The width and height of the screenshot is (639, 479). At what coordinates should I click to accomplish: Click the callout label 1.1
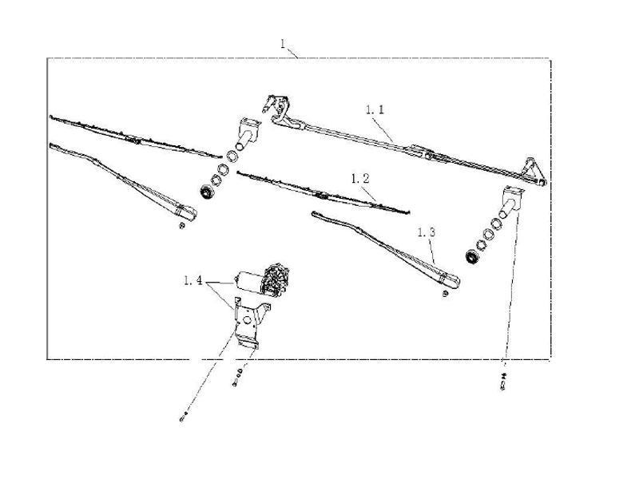(375, 109)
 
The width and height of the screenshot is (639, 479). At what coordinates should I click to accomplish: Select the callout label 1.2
(360, 178)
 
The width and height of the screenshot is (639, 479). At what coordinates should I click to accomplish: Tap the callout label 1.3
(427, 232)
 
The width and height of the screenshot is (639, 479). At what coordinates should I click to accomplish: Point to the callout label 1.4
(193, 280)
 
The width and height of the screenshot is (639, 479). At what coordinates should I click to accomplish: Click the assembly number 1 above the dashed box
(283, 44)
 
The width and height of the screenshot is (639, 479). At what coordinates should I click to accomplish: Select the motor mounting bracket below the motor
(249, 322)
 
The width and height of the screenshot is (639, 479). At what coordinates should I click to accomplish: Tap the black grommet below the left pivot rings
(208, 192)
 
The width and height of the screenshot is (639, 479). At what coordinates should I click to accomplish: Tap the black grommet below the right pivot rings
(472, 256)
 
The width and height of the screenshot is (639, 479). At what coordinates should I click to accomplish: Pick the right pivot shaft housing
(510, 201)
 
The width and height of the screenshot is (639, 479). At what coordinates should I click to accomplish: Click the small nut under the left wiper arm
(182, 225)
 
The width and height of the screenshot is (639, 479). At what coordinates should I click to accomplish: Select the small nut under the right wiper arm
(446, 293)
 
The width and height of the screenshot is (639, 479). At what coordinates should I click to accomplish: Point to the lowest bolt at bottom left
(183, 417)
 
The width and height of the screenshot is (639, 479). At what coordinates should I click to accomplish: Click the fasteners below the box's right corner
(503, 381)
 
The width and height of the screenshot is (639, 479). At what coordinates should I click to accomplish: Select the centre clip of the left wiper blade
(133, 141)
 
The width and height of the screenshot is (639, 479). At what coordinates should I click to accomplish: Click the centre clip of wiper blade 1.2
(321, 196)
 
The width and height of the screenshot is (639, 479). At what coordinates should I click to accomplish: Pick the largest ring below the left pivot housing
(232, 156)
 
